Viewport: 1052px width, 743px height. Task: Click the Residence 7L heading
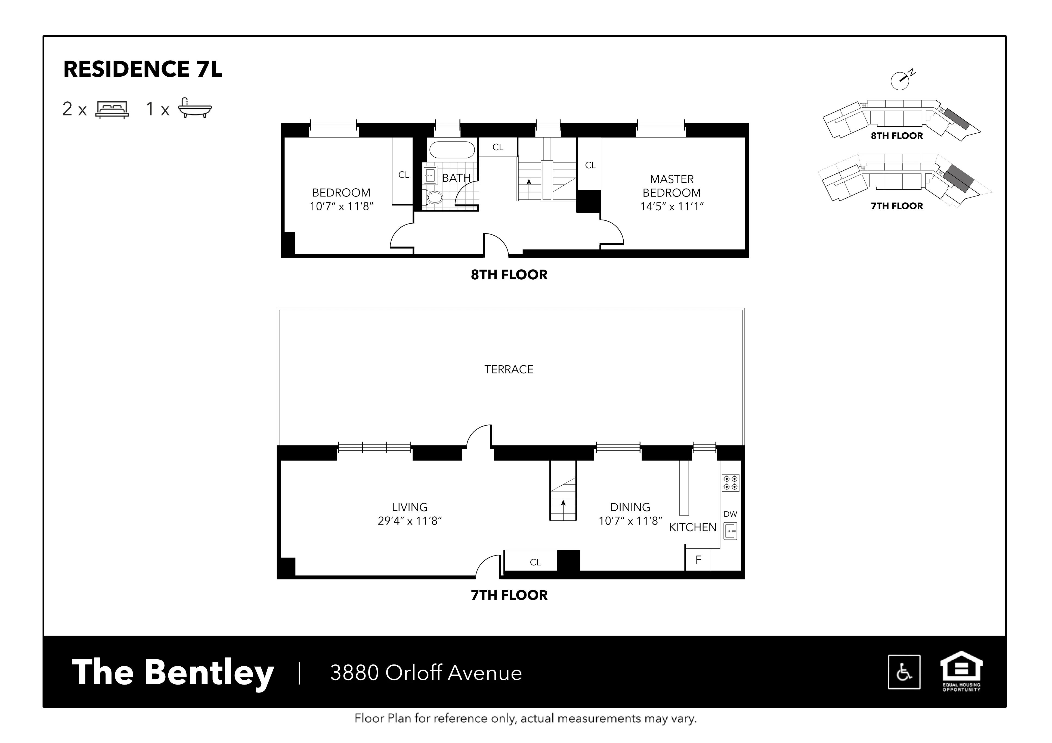click(x=143, y=70)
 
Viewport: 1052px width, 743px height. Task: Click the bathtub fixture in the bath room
click(x=451, y=150)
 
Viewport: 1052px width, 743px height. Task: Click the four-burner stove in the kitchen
click(x=730, y=482)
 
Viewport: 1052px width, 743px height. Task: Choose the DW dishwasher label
click(x=730, y=514)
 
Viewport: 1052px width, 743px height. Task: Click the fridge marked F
click(x=698, y=560)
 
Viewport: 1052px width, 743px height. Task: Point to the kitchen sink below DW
click(x=730, y=531)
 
